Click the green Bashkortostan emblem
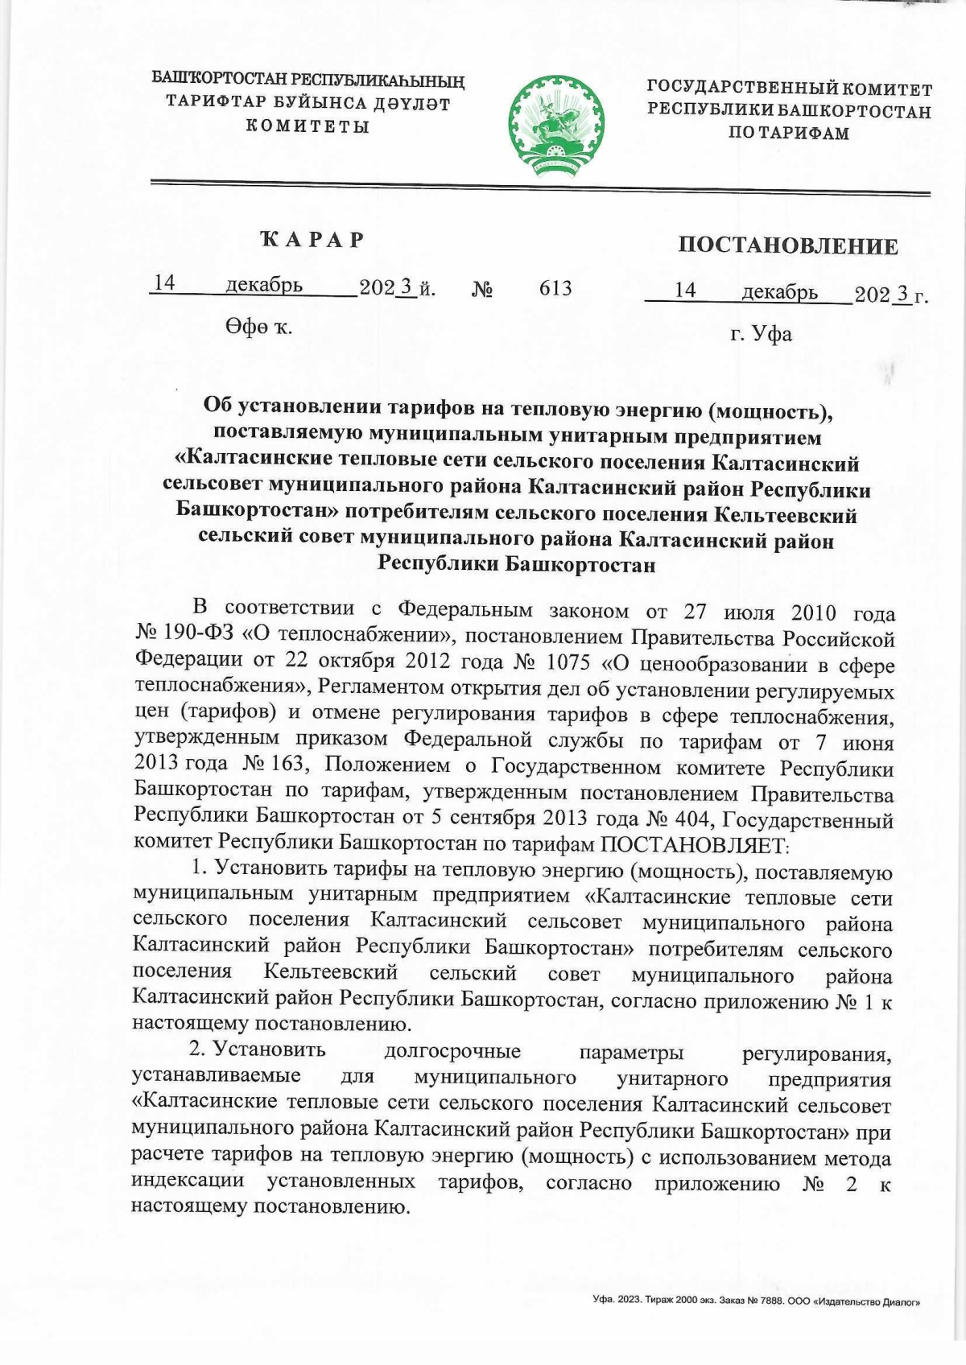tap(555, 123)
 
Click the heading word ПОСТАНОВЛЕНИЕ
tap(787, 245)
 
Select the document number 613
tap(555, 288)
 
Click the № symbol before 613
tap(481, 289)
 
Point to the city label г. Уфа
tap(761, 333)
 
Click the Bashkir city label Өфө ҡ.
tap(258, 327)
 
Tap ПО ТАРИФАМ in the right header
tap(789, 134)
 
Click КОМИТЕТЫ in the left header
tap(308, 126)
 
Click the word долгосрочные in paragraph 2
tap(452, 1051)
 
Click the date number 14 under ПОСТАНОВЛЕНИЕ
tap(685, 291)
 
